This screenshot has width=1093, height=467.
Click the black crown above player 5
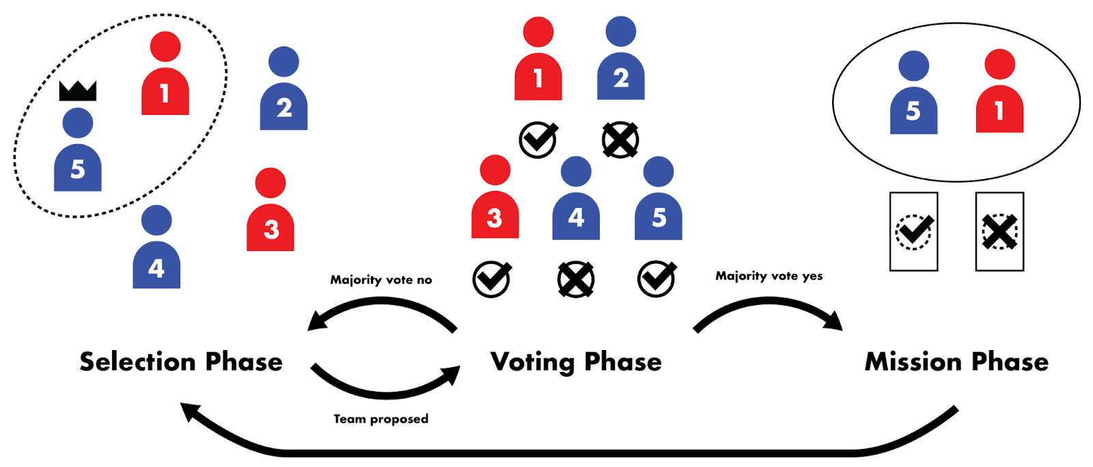point(78,90)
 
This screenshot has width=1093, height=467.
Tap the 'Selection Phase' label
point(181,362)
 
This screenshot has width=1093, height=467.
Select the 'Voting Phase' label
point(576,362)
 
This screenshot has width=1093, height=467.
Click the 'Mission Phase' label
point(956,362)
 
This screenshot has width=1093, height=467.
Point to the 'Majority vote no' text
point(381,280)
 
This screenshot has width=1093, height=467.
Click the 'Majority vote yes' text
point(769,276)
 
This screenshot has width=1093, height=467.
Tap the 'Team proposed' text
point(381,419)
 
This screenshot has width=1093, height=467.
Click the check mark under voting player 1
point(538,140)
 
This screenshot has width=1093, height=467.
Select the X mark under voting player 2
point(620,141)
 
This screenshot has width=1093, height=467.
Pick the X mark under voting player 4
point(576,280)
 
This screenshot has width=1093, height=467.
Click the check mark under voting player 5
point(656,279)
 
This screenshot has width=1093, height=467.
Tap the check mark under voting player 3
point(492,279)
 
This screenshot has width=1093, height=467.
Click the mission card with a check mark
point(913,232)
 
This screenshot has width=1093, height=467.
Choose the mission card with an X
point(999,232)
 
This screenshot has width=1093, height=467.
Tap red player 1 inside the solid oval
point(999,92)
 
